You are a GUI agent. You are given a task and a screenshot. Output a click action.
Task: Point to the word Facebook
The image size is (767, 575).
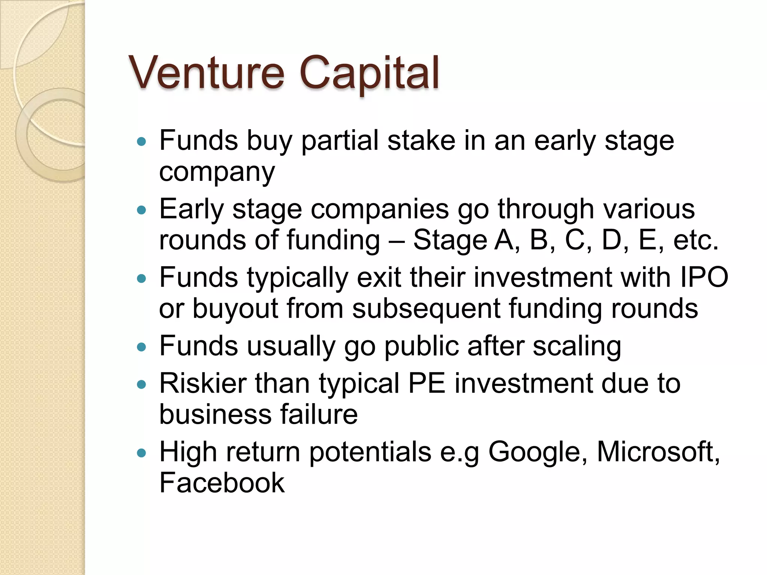click(222, 483)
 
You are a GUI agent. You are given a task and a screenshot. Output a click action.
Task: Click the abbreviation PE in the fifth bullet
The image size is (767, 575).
click(427, 383)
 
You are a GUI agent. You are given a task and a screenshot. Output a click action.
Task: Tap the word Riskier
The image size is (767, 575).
click(203, 383)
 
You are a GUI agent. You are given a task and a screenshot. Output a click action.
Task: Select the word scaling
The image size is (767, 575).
click(577, 347)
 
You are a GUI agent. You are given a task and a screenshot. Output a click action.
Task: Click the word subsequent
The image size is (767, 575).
click(426, 309)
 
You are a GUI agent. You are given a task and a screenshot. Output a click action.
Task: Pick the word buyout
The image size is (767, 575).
click(235, 309)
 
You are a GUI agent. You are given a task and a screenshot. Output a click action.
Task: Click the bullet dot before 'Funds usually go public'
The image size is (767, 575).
click(141, 347)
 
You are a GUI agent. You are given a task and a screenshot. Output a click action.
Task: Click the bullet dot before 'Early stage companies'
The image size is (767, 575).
click(141, 210)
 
